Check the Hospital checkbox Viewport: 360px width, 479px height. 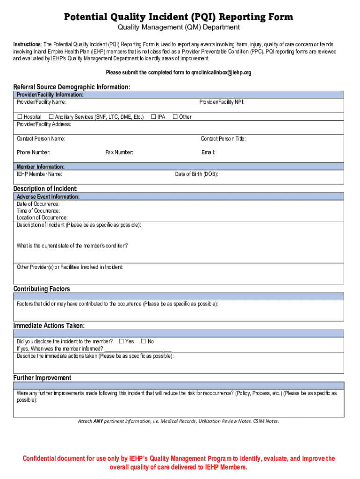[x=20, y=116]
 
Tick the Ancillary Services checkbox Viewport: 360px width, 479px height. [x=51, y=116]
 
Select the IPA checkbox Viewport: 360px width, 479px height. [x=153, y=116]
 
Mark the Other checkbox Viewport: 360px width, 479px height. [x=175, y=116]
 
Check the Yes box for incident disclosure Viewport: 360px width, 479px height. [x=122, y=341]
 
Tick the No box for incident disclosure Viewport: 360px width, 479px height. [x=144, y=341]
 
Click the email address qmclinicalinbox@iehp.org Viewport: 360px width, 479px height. [x=218, y=73]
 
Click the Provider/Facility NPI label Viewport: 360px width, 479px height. [x=222, y=102]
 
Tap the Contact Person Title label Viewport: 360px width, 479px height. [x=223, y=138]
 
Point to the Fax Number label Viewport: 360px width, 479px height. [x=119, y=152]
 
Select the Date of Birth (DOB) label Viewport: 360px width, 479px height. [x=196, y=174]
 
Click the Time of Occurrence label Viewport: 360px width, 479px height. [x=38, y=211]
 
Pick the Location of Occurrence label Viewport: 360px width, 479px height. [x=42, y=218]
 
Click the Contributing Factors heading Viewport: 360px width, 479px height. [x=42, y=289]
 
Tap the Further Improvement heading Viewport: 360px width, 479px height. [x=42, y=378]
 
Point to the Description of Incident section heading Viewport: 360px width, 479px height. [x=45, y=189]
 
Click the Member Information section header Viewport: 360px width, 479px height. [x=41, y=167]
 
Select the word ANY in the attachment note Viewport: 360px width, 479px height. [x=98, y=421]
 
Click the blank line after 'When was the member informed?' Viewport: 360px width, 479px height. [x=138, y=349]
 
